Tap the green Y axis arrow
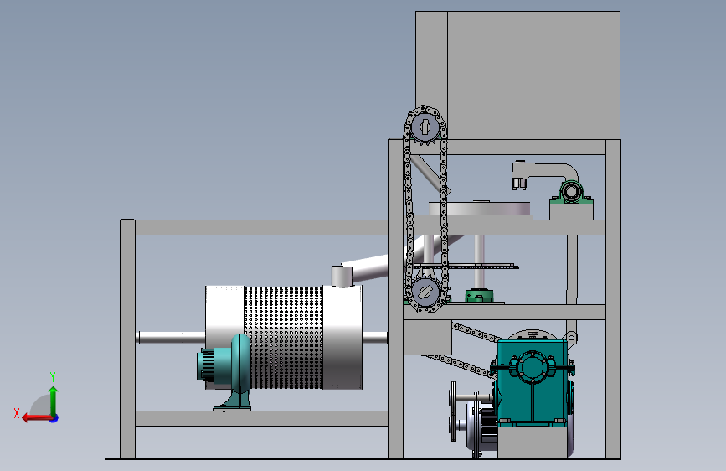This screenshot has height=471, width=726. pyautogui.click(x=54, y=401)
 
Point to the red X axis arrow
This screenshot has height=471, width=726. pyautogui.click(x=38, y=418)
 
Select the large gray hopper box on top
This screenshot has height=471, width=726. pyautogui.click(x=517, y=75)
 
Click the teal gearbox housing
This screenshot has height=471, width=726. pyautogui.click(x=533, y=381)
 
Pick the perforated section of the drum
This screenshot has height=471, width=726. pyautogui.click(x=283, y=338)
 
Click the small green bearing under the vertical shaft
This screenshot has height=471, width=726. pyautogui.click(x=479, y=295)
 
